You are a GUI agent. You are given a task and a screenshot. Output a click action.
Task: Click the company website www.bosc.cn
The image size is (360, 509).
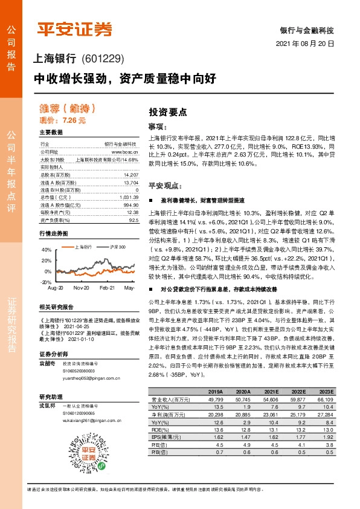(x=126, y=152)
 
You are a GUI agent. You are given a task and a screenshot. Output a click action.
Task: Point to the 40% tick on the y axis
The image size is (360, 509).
(x=47, y=249)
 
